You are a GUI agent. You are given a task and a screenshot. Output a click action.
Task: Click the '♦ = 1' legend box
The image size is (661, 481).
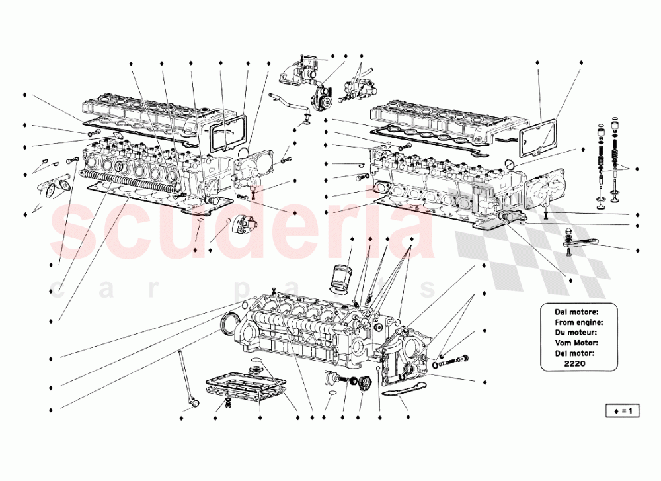coord(623,411)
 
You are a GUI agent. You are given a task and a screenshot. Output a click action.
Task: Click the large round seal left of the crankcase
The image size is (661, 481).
coord(229,325)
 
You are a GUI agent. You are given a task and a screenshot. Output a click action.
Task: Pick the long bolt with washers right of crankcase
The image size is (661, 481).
coord(453,361)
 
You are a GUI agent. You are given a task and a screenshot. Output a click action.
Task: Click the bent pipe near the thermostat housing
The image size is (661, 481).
coord(284,103)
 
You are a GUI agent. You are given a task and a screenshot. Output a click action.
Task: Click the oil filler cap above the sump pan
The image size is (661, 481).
coord(254,368)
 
